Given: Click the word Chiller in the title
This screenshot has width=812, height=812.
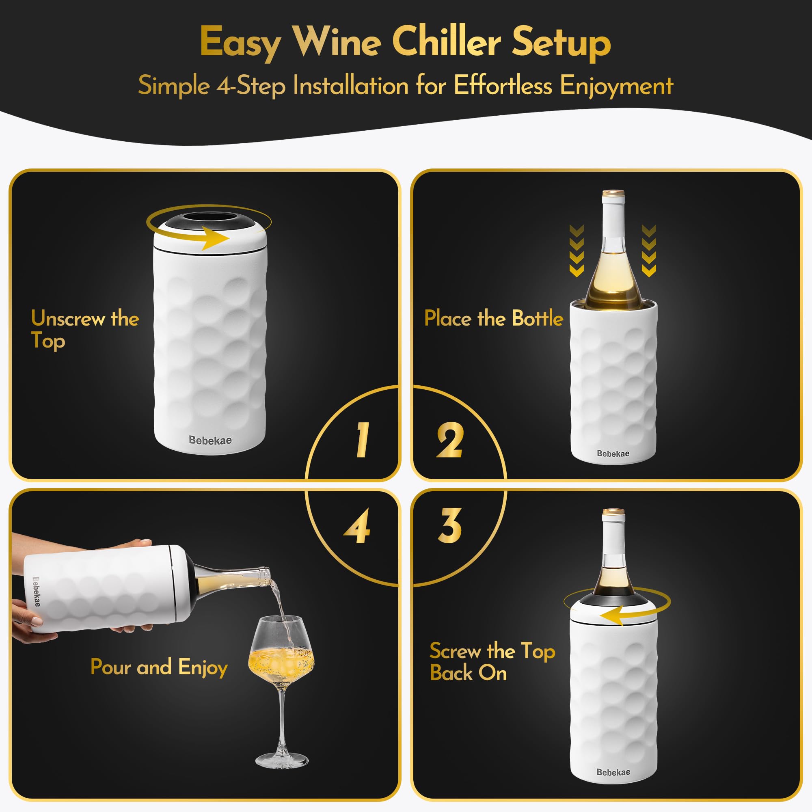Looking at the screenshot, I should click(x=446, y=43).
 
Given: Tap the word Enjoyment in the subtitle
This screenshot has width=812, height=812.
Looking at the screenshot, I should click(x=616, y=86).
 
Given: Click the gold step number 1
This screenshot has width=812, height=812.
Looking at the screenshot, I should click(x=362, y=440).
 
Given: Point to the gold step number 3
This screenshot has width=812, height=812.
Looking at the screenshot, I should click(x=450, y=525).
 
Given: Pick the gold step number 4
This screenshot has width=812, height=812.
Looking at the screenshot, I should click(x=357, y=526).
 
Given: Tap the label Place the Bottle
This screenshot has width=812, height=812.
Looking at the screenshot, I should click(x=493, y=318).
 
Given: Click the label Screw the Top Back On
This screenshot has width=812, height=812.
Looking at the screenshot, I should click(x=492, y=662).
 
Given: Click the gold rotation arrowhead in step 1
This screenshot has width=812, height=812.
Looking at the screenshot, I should click(x=217, y=238).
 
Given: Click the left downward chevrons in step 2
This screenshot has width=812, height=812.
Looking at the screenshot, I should click(x=577, y=251).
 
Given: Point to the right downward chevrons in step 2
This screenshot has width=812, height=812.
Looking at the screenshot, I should click(x=649, y=251).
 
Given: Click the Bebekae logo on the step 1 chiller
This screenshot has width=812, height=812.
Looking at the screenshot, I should click(x=210, y=440).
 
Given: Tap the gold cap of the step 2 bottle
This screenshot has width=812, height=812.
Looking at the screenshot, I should click(x=613, y=194).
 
